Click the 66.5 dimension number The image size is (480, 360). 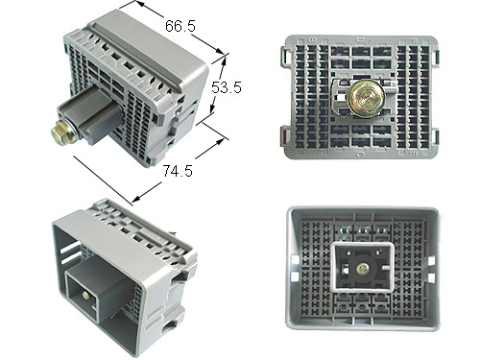[x=180, y=26]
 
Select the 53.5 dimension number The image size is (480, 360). [x=227, y=87]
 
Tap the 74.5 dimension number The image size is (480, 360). [x=178, y=171]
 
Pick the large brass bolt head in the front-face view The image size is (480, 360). [x=365, y=97]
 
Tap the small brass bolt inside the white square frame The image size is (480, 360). [x=363, y=268]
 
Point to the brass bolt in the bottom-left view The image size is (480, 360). [x=85, y=296]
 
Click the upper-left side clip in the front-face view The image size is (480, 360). [x=284, y=58]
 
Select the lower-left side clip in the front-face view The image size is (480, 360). [x=285, y=137]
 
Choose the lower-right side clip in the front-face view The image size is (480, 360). [x=435, y=137]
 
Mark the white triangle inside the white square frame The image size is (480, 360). [x=348, y=253]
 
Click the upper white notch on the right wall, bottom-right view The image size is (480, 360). [x=431, y=261]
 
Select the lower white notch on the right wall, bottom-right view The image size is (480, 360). [x=431, y=277]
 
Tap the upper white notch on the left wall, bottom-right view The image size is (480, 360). [x=295, y=260]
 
